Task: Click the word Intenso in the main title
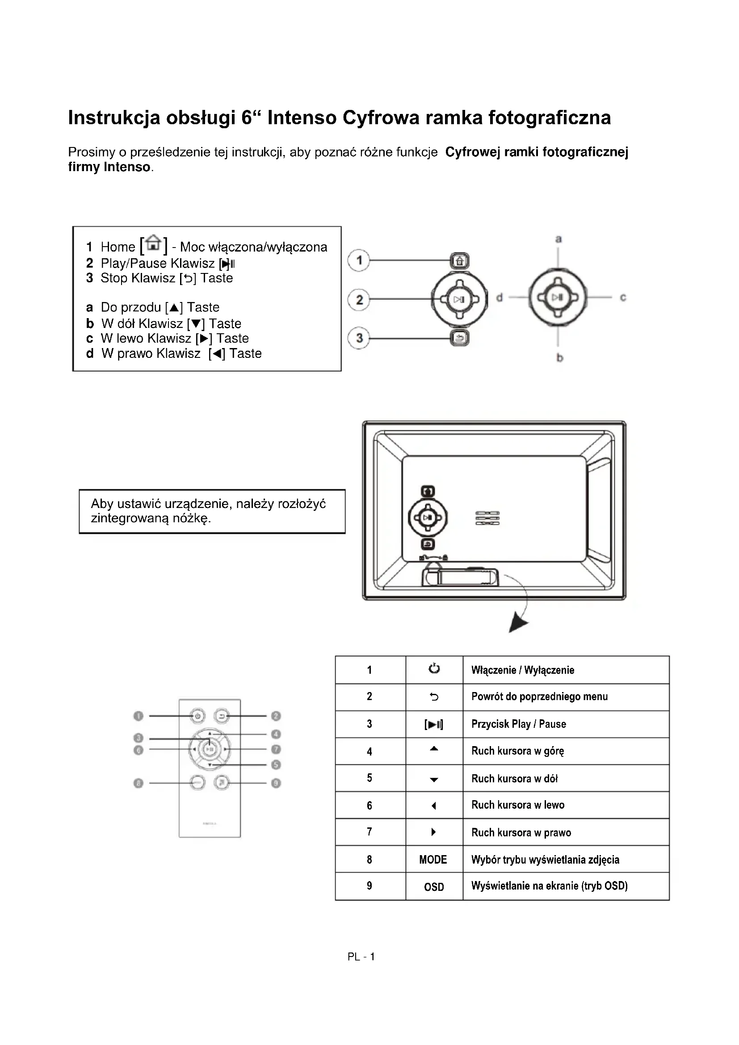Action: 302,118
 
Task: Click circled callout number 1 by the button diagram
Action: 359,260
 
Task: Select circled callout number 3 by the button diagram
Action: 359,338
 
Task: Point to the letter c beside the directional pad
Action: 623,298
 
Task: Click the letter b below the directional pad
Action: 560,358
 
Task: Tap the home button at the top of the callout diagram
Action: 460,261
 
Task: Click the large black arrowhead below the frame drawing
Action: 517,622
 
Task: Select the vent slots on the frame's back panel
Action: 487,518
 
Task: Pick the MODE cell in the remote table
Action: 433,860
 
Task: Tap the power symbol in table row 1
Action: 434,669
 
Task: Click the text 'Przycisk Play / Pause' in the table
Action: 518,724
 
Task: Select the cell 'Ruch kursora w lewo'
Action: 518,805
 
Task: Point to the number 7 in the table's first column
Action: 369,832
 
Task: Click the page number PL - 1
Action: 361,957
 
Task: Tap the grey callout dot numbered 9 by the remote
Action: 276,783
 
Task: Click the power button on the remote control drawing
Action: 197,716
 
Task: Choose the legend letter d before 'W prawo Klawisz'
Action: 90,354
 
